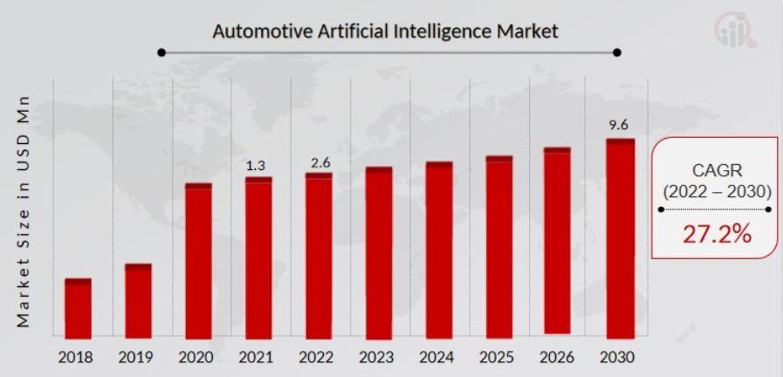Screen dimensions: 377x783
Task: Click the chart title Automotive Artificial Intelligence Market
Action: click(385, 31)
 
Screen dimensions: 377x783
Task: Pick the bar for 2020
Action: click(198, 261)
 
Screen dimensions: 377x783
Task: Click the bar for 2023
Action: click(379, 253)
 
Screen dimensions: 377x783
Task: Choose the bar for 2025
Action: click(499, 247)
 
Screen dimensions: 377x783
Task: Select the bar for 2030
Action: click(620, 238)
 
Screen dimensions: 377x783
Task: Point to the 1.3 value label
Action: click(258, 165)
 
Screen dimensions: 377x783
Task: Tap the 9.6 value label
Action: click(619, 125)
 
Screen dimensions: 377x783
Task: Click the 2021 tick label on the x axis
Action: click(258, 357)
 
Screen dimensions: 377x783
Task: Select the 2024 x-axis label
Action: click(439, 357)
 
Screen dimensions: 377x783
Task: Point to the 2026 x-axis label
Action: click(560, 357)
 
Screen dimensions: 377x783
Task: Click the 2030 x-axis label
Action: click(619, 357)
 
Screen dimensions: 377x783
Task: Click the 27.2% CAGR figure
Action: click(715, 234)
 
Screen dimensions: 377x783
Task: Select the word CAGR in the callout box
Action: click(715, 170)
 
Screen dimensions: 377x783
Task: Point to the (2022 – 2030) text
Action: click(715, 191)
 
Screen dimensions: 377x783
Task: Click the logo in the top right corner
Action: click(737, 30)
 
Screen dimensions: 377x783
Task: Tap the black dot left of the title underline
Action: click(161, 52)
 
